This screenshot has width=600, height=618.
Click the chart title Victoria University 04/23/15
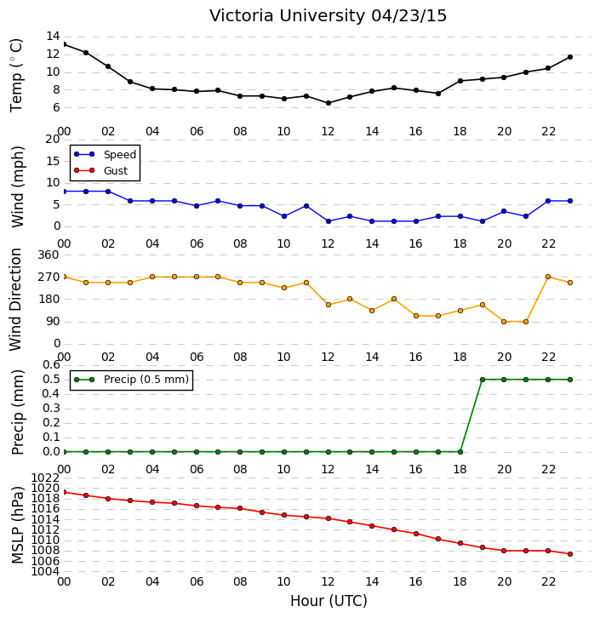pos(328,16)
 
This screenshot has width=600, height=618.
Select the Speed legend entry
pos(106,155)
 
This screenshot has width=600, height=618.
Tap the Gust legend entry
pos(101,170)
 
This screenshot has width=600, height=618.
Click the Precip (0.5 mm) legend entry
pos(132,380)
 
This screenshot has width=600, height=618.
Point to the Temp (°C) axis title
pos(16,75)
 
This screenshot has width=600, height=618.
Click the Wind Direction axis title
pos(16,300)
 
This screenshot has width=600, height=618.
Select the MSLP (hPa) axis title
pos(18,524)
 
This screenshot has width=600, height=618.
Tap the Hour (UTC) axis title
pos(329,601)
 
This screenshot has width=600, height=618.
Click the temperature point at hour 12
pos(329,103)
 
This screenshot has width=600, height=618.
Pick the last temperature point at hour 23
pos(569,57)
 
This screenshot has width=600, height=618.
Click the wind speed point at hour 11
pos(306,206)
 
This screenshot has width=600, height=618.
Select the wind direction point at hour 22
pos(547,277)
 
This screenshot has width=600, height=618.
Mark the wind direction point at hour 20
pos(504,322)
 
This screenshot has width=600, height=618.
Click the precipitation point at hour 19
pos(482,380)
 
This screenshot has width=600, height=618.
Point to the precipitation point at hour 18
pos(460,452)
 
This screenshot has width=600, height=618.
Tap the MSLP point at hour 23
pos(569,554)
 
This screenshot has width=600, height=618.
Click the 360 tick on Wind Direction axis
pos(49,255)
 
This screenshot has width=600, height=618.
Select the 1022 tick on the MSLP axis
pos(45,478)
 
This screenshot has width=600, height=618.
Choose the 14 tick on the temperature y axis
pos(53,37)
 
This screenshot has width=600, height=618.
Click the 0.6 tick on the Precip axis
pos(51,364)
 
